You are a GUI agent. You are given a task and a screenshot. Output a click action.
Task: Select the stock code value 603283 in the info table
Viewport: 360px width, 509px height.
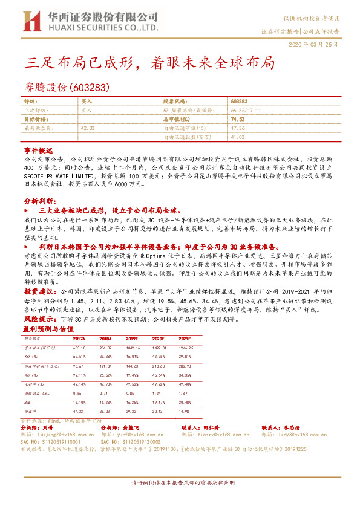(240, 102)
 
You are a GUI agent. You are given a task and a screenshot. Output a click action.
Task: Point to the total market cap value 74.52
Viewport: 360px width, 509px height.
(237, 120)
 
